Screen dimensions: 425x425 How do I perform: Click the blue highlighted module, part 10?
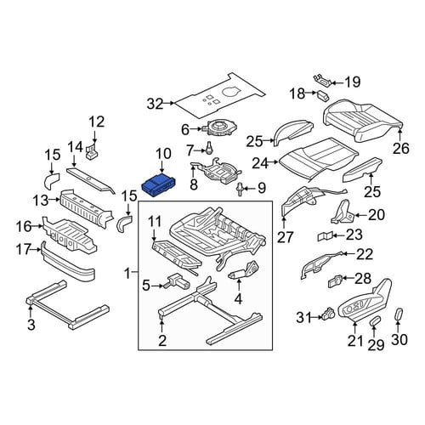159,185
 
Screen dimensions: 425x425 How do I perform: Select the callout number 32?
156,104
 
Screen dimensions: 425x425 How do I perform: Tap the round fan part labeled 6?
219,128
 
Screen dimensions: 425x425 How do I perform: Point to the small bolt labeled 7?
209,148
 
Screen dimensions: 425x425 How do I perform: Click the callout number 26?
401,149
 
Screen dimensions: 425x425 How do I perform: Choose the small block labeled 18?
323,95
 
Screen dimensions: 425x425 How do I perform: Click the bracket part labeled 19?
322,80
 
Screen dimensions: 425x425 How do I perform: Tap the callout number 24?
260,163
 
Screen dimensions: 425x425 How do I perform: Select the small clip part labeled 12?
93,151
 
